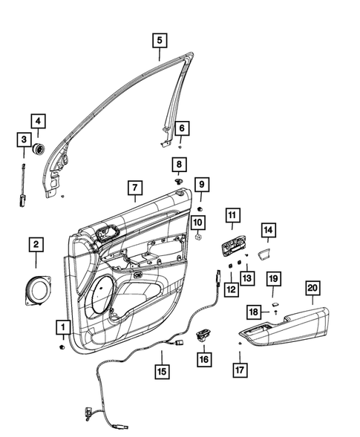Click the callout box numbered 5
click(x=160, y=41)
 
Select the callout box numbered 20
click(x=312, y=288)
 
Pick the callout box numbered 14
click(x=268, y=231)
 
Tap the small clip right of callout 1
click(x=62, y=347)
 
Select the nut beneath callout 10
click(x=199, y=237)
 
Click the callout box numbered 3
click(x=24, y=139)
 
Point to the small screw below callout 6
click(x=180, y=148)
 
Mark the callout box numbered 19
click(x=274, y=279)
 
